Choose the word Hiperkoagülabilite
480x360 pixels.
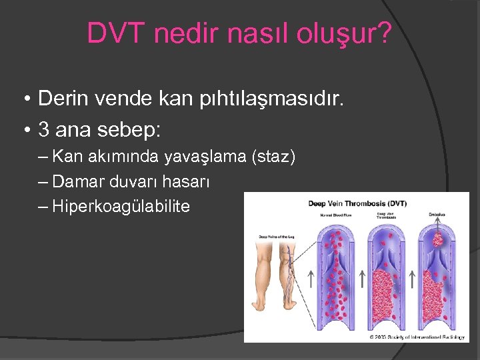pyautogui.click(x=121, y=207)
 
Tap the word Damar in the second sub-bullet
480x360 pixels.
pyautogui.click(x=73, y=181)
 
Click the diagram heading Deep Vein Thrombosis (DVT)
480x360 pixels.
pyautogui.click(x=357, y=203)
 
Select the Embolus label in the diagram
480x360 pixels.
pyautogui.click(x=437, y=215)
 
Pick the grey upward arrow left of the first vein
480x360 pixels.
pyautogui.click(x=311, y=278)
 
